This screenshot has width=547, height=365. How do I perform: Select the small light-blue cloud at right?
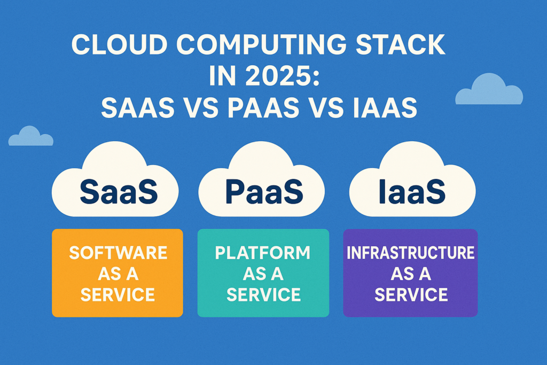488,90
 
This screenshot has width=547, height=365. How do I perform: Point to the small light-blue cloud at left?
30,137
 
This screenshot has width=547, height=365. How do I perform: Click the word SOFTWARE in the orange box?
118,252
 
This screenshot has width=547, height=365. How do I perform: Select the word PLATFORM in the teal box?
263,252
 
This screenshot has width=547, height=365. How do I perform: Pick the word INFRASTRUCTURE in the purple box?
410,252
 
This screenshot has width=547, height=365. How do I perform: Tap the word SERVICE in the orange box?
118,294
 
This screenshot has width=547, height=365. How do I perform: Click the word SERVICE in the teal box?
263,294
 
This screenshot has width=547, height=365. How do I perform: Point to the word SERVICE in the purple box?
410,294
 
